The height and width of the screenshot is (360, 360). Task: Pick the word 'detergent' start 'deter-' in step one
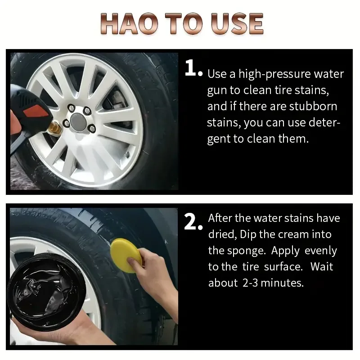click(x=321, y=122)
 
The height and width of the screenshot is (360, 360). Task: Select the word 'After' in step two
click(x=220, y=218)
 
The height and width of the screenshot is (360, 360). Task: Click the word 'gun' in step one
click(x=217, y=90)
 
